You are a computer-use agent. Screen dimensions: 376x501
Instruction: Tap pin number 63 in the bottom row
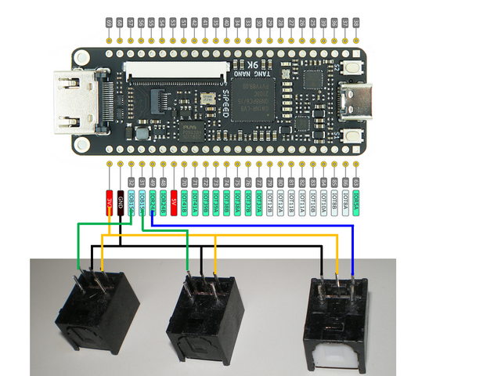coord(356,183)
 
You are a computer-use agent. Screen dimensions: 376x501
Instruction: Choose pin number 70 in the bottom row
coord(185,183)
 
